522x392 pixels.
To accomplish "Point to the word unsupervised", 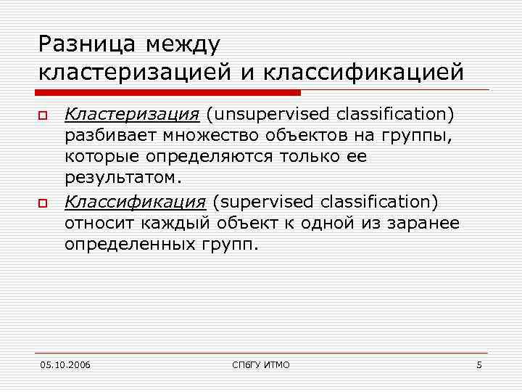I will coord(265,114).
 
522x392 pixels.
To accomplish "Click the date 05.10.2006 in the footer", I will coord(65,364).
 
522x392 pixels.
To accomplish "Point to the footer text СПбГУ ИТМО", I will coord(260,364).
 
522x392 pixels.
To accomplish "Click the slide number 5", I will coord(479,364).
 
